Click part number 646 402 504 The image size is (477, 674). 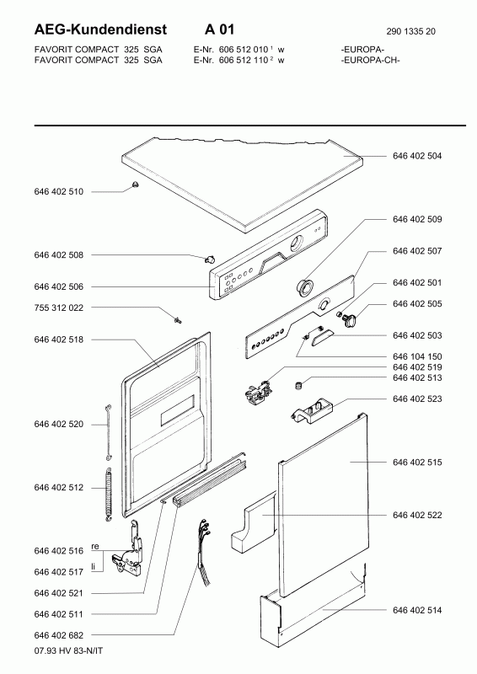point(417,156)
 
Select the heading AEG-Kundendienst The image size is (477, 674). point(100,29)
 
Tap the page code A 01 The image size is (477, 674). point(219,29)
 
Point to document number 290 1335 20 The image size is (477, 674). point(410,31)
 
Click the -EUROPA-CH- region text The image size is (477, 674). point(370,60)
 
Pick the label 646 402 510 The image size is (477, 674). point(58,192)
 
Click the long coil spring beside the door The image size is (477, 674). point(109,495)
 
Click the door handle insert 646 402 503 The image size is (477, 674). point(322,334)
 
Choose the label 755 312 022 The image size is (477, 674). point(58,308)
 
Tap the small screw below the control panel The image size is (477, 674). point(178,319)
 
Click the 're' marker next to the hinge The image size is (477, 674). point(95,546)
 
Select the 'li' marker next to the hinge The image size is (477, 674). point(93,567)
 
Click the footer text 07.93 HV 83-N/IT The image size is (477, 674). point(68,650)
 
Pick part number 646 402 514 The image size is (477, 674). point(417,610)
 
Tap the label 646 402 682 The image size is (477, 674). point(58,635)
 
